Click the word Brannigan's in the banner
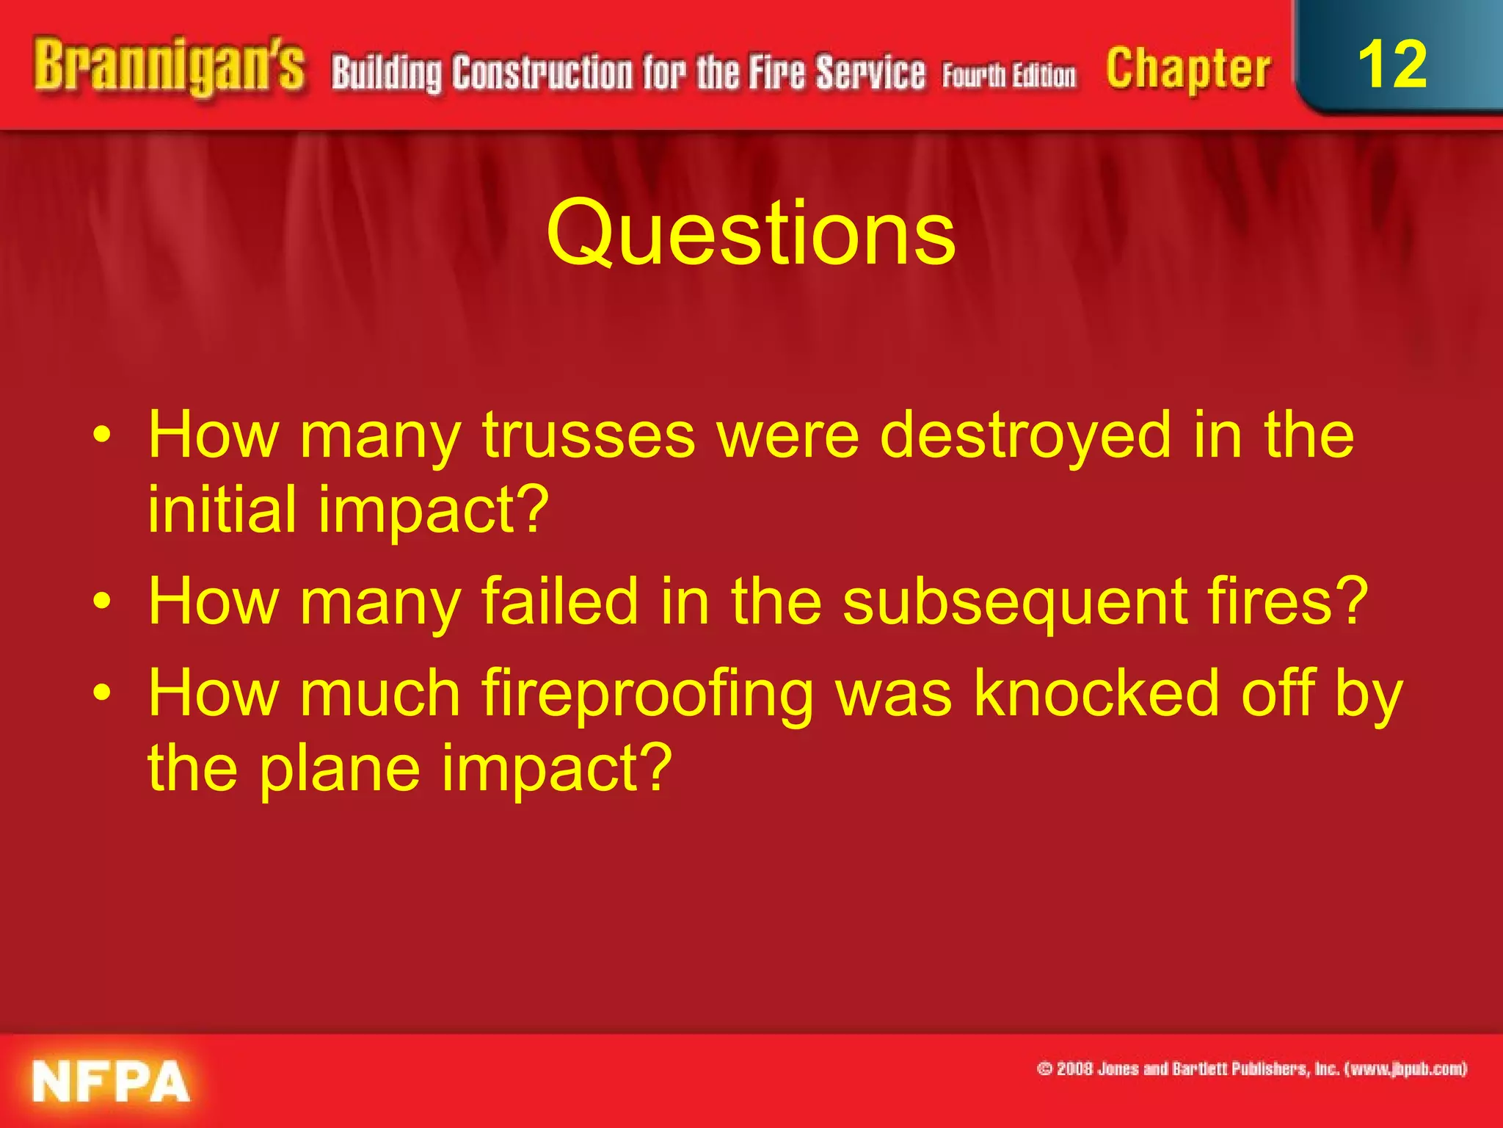[169, 68]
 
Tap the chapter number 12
[1392, 65]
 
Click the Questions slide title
[751, 234]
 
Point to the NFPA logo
[111, 1081]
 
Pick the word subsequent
[1013, 602]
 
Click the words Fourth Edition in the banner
[1009, 76]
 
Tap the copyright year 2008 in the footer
[1074, 1069]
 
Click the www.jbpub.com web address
[1405, 1069]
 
